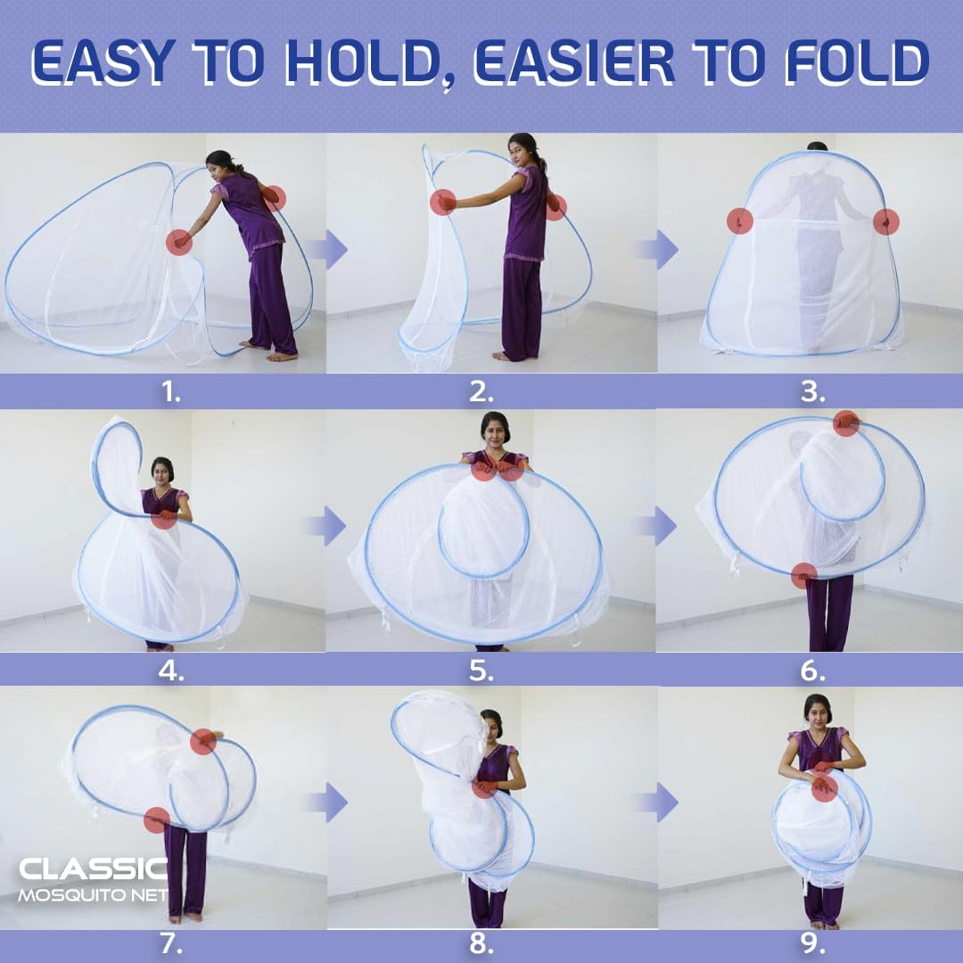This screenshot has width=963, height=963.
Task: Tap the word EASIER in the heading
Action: (x=575, y=63)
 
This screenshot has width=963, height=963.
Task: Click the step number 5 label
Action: (x=481, y=671)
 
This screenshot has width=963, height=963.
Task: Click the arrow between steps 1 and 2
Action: (x=333, y=250)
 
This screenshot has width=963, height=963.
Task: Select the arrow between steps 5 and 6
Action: (x=663, y=526)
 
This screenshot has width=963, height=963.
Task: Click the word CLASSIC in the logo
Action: (x=94, y=868)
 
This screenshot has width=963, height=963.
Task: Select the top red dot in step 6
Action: (x=846, y=424)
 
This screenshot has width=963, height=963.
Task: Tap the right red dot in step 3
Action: (x=885, y=221)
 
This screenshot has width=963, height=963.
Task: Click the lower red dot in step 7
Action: (x=157, y=819)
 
